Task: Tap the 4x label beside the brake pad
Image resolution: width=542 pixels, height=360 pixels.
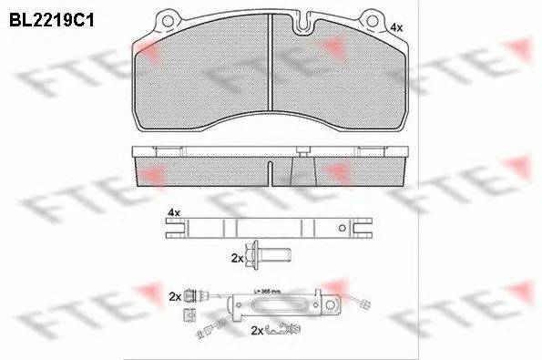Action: click(395, 29)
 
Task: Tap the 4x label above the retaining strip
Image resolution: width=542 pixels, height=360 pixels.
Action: click(173, 212)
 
